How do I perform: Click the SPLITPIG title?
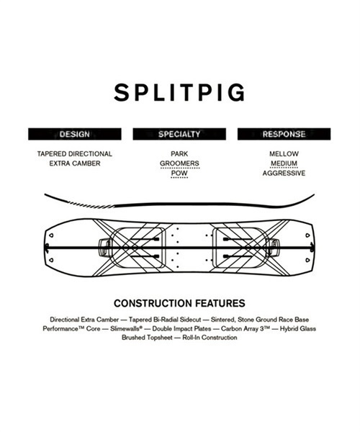[179, 93]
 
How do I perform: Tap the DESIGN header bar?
[75, 134]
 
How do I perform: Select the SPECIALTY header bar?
[179, 134]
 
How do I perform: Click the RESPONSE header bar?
[284, 134]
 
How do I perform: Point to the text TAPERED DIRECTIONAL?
[75, 154]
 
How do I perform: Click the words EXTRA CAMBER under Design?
[75, 163]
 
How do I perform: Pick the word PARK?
[179, 154]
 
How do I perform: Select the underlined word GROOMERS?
[179, 163]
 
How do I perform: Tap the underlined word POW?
[179, 173]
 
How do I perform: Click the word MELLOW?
[284, 154]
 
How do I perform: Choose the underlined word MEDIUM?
[284, 163]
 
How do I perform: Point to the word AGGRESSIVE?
[284, 173]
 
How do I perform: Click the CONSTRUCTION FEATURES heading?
[179, 303]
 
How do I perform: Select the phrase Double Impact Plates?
[181, 329]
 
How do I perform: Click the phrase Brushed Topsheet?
[147, 338]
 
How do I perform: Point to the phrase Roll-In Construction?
[210, 338]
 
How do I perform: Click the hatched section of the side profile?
[91, 205]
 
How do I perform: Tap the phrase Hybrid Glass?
[298, 329]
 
